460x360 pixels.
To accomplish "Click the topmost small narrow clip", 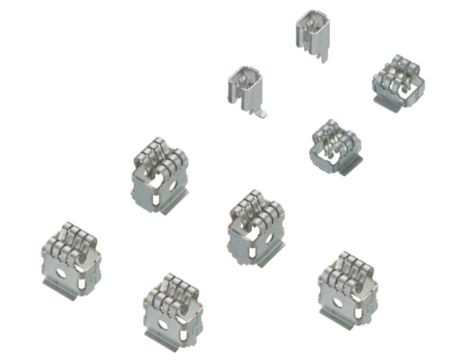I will pos(311,33).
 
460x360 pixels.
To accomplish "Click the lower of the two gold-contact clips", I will pos(335,147).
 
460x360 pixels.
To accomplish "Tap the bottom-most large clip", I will pos(172,310).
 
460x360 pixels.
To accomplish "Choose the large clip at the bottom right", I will pos(348,286).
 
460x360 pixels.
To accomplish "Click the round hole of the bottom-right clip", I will pos(337,302).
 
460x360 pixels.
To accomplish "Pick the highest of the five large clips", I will pos(160,174).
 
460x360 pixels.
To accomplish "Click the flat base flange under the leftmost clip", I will pos(60,290).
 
